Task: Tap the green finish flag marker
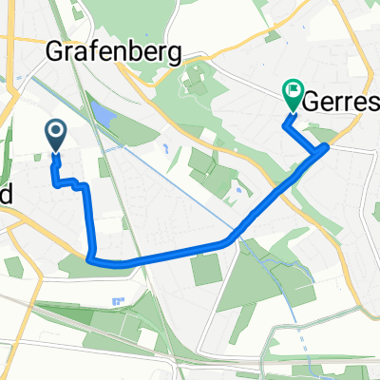pos(292,95)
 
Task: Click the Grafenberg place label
pos(115,52)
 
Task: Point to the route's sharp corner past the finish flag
pos(326,146)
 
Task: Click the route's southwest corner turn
pos(89,256)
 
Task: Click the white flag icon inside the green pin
pos(292,93)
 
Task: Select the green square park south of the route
pos(207,271)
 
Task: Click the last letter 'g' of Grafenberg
pos(173,54)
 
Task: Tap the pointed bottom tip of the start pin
pos(56,152)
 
